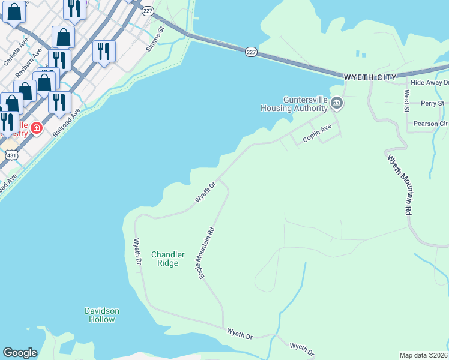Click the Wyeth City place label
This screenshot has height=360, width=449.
point(370,77)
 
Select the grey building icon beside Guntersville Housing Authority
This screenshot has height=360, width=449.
point(337,104)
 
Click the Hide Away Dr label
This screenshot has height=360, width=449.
point(429,82)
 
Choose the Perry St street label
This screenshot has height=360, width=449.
point(432,103)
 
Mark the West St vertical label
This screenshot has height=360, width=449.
point(406,101)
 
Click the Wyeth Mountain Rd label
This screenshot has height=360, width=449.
point(400,185)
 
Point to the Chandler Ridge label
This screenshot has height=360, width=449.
point(167,259)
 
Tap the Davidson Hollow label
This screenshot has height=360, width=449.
point(102,315)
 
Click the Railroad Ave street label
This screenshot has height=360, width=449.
point(66,124)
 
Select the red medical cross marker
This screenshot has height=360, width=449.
point(36,128)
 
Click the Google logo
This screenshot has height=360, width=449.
point(20,353)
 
